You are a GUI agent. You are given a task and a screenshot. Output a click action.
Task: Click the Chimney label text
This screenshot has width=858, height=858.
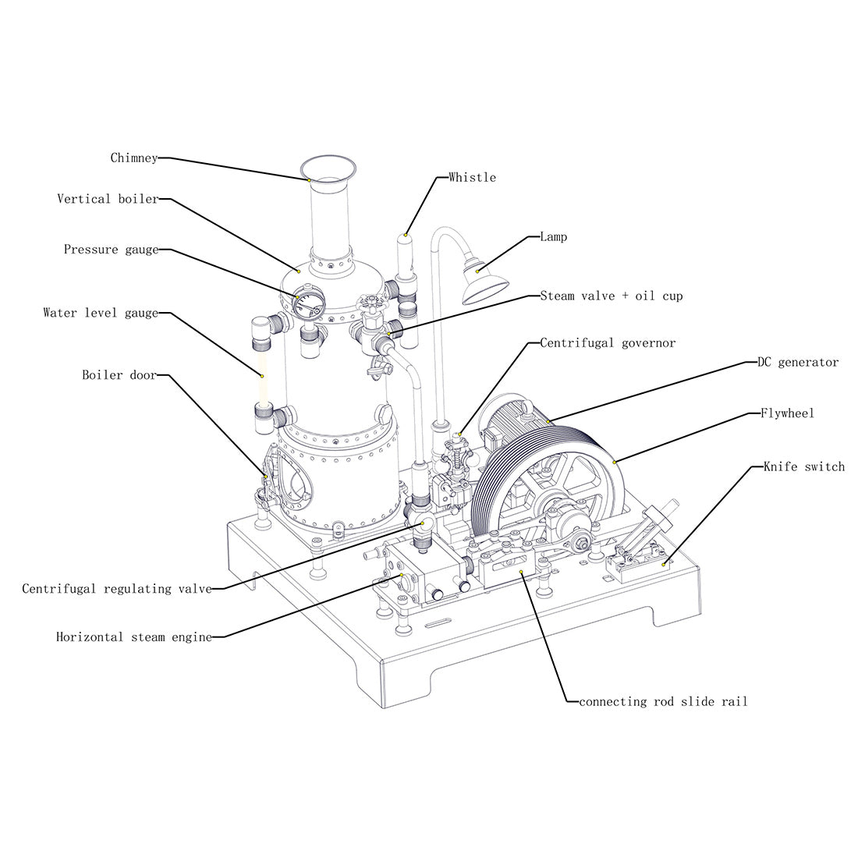pyautogui.click(x=133, y=158)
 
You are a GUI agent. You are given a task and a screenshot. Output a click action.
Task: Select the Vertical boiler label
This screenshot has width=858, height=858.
pyautogui.click(x=107, y=199)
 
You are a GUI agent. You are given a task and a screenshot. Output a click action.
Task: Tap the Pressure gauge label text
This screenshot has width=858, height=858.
pyautogui.click(x=111, y=250)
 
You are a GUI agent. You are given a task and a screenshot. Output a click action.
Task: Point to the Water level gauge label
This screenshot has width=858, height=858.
pyautogui.click(x=100, y=313)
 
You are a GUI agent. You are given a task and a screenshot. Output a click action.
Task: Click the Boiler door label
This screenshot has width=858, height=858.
pyautogui.click(x=119, y=375)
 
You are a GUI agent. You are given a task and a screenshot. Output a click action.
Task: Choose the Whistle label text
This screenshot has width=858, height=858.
pyautogui.click(x=472, y=177)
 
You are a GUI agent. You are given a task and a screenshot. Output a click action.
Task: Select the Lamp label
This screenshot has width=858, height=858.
pyautogui.click(x=553, y=236)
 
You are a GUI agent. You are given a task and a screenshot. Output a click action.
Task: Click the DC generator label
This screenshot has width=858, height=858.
pyautogui.click(x=797, y=362)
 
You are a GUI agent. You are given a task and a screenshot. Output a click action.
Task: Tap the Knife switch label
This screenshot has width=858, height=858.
pyautogui.click(x=803, y=466)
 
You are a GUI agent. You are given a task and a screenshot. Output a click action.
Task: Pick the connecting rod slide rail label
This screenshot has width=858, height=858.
pyautogui.click(x=662, y=701)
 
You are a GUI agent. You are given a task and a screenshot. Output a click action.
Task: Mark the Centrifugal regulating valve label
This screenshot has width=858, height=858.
pyautogui.click(x=116, y=589)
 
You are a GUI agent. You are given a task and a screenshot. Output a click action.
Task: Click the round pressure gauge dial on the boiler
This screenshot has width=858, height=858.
pyautogui.click(x=309, y=303)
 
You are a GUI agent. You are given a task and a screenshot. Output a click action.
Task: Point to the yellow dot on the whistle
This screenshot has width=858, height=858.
pyautogui.click(x=406, y=235)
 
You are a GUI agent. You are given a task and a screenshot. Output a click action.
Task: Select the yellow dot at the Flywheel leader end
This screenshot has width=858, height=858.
pyautogui.click(x=616, y=463)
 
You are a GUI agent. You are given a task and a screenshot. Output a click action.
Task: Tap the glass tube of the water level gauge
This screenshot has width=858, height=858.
pyautogui.click(x=262, y=378)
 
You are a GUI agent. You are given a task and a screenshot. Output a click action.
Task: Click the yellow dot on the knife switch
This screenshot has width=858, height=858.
pyautogui.click(x=664, y=563)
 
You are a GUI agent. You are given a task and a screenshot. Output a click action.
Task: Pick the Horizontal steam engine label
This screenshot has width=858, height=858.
pyautogui.click(x=133, y=637)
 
